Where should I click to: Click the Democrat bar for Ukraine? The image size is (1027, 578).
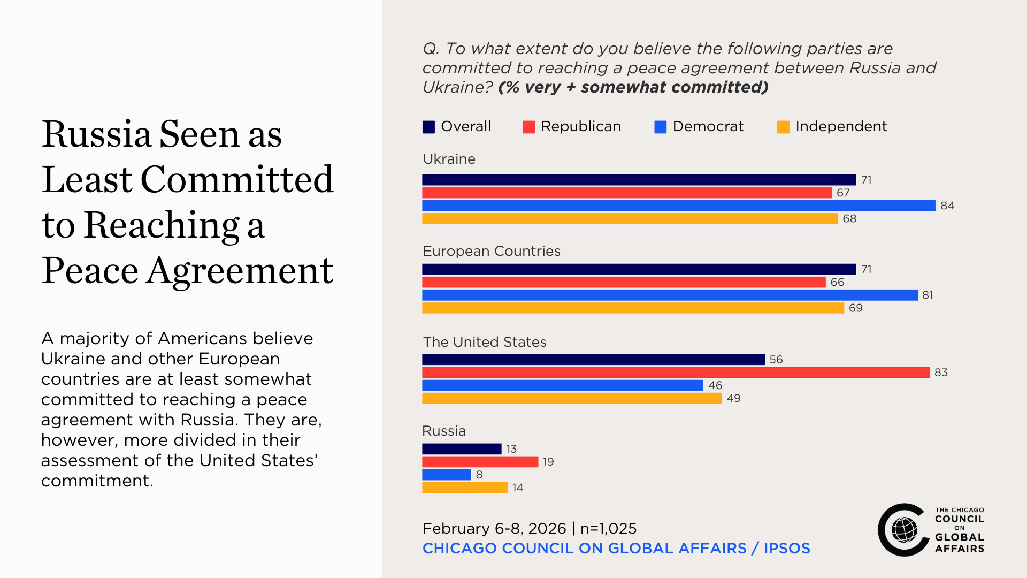click(x=678, y=206)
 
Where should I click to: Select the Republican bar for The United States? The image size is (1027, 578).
click(x=676, y=372)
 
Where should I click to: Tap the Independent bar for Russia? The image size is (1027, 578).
click(x=464, y=488)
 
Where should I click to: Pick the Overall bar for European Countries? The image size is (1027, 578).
click(x=639, y=269)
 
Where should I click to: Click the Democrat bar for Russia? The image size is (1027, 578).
click(x=446, y=475)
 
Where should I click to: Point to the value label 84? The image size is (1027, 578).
click(x=947, y=206)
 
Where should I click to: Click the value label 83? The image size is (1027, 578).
click(x=941, y=372)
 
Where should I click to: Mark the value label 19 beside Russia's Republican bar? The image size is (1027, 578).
click(x=548, y=462)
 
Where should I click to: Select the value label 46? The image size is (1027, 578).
click(x=715, y=385)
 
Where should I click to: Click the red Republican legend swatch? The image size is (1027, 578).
click(x=528, y=127)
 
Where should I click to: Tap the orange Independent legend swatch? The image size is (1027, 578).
click(x=783, y=127)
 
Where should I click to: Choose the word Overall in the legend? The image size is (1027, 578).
click(x=466, y=126)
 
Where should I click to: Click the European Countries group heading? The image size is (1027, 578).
click(x=492, y=251)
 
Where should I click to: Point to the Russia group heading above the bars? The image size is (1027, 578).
click(x=444, y=431)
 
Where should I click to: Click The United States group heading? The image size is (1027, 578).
click(x=485, y=342)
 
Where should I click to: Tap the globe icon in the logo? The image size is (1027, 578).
click(x=904, y=530)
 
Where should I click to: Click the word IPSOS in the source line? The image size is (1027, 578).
click(x=787, y=548)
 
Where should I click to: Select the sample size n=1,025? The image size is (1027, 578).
click(x=609, y=528)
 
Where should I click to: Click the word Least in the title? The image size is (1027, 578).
click(x=87, y=179)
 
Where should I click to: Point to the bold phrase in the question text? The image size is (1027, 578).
click(x=633, y=87)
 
